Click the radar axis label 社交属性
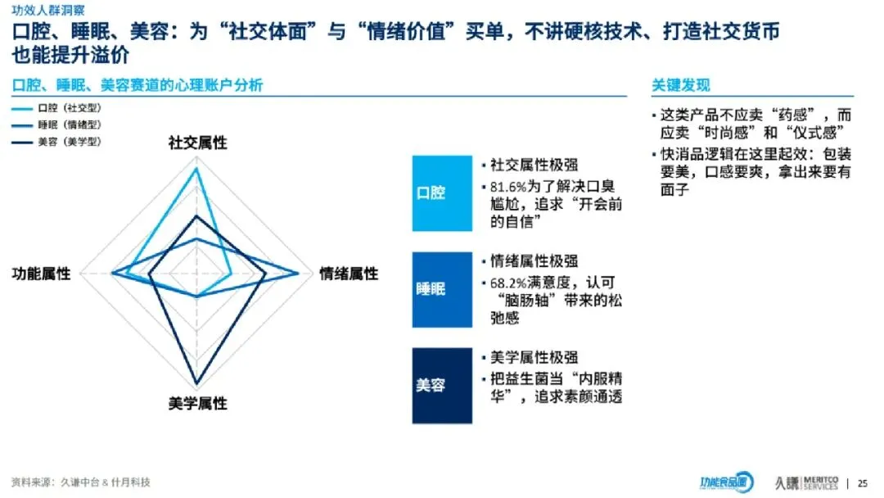coord(197,143)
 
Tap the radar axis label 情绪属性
coord(349,274)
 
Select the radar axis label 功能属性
coord(41,274)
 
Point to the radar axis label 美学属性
coord(197,403)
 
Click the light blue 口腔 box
coord(442,193)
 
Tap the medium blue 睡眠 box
coord(442,289)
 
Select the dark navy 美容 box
coord(442,385)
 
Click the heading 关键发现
coord(680,85)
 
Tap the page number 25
coord(863,482)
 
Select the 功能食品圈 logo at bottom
coord(725,482)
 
